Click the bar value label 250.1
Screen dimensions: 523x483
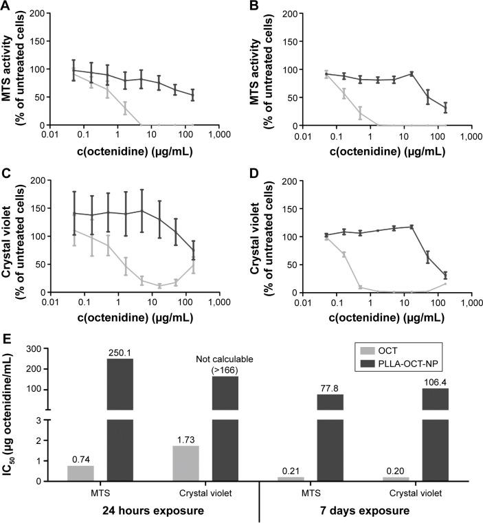coord(120,353)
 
